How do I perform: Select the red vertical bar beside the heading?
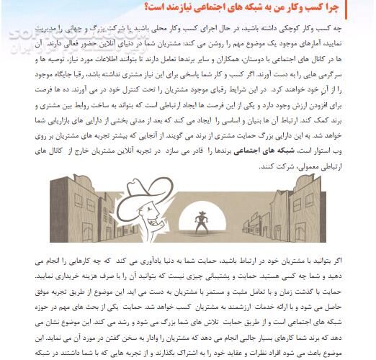click(x=370, y=8)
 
